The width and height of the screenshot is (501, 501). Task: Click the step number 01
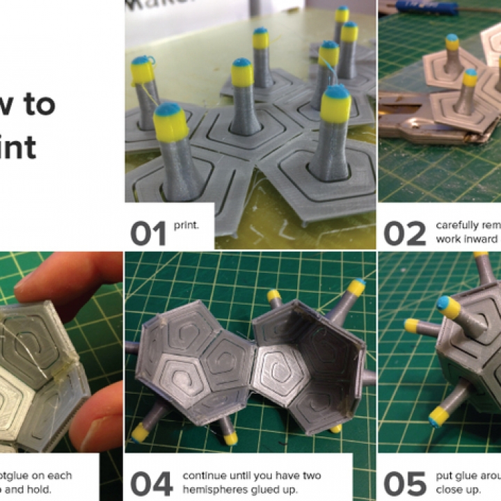pyautogui.click(x=148, y=234)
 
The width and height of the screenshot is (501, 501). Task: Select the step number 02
pyautogui.click(x=404, y=234)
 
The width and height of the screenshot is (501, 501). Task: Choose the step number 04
pyautogui.click(x=151, y=484)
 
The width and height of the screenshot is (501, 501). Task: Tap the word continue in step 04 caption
pyautogui.click(x=205, y=476)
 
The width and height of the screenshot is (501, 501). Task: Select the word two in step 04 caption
pyautogui.click(x=312, y=476)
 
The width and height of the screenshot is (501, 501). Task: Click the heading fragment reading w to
pyautogui.click(x=28, y=104)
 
